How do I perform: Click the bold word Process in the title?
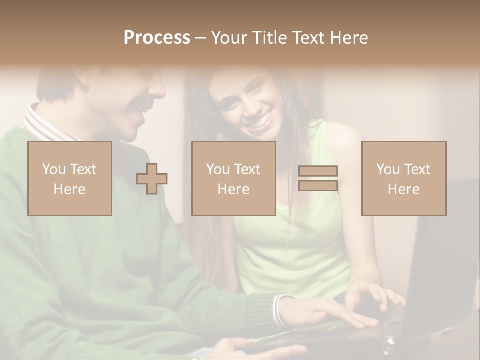coord(157,38)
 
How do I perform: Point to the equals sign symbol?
coord(318,178)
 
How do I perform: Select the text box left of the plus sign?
coord(70,178)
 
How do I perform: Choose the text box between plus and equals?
coord(233,178)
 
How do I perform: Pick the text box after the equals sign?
coord(403,178)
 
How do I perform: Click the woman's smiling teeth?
coord(260,120)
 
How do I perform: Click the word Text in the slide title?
coord(308,38)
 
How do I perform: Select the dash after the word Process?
coord(200,38)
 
